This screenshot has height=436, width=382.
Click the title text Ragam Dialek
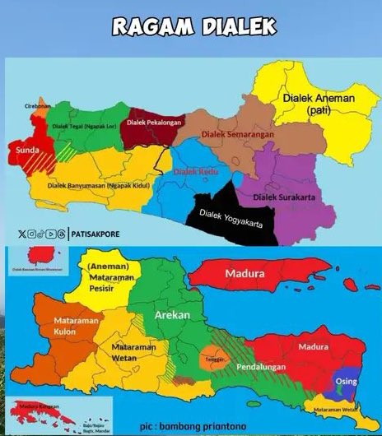[191, 26]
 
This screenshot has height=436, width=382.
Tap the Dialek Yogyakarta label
[224, 226]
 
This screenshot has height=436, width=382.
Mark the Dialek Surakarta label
[284, 197]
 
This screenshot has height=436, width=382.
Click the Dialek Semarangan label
[237, 131]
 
